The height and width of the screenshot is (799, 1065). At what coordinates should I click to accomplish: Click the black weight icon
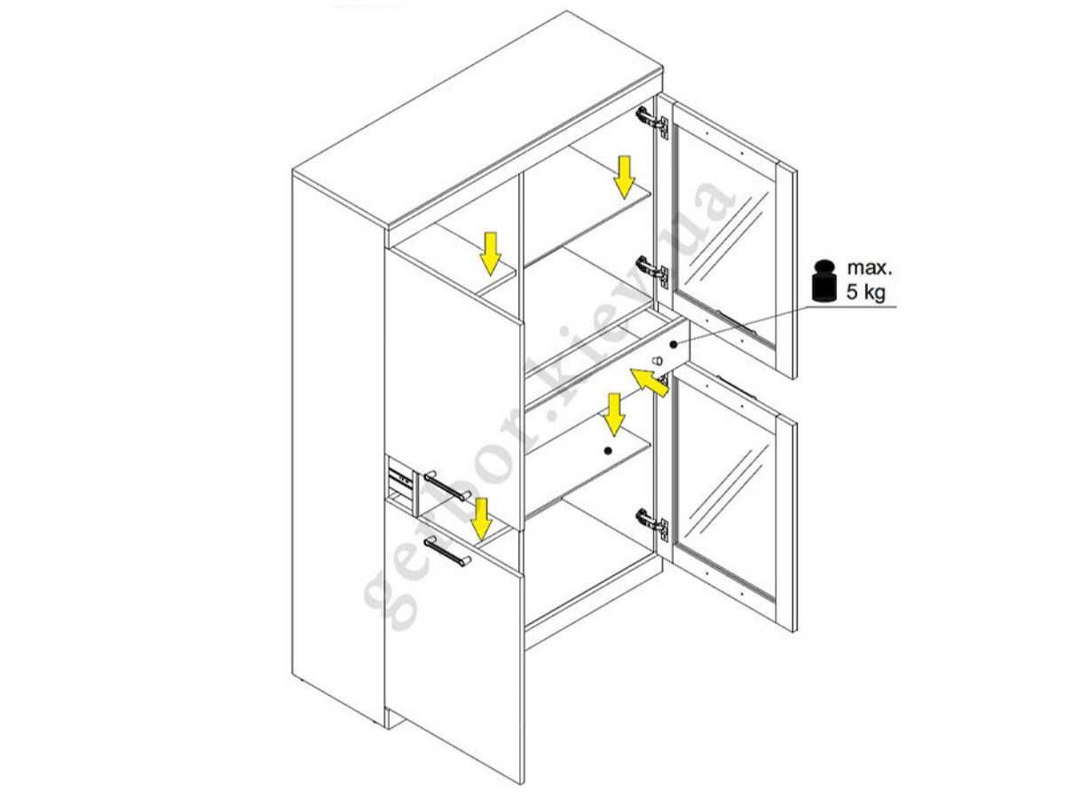pos(824,281)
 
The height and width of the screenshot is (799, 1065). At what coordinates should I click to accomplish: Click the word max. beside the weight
pos(870,268)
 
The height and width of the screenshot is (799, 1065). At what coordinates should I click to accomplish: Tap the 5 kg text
pos(866,292)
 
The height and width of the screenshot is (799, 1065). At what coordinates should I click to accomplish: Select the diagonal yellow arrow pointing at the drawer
pos(650,383)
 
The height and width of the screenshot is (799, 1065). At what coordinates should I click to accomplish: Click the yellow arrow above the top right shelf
pos(624,178)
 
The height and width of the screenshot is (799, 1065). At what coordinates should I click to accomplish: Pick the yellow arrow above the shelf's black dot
pos(614,415)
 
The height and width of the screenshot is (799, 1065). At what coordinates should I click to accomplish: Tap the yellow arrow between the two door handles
pos(481,518)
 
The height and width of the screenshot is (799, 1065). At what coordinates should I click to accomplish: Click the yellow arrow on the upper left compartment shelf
pos(491,254)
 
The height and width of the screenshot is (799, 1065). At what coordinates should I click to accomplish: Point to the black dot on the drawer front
pos(674,344)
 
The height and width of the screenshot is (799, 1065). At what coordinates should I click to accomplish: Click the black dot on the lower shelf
pos(608,451)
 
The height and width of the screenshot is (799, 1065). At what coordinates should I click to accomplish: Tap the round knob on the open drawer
pos(657,360)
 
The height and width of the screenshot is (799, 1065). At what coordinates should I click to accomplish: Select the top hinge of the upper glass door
pos(652,123)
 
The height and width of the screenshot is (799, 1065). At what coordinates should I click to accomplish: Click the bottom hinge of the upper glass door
pos(652,272)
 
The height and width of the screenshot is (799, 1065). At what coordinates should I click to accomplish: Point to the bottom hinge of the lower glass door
pos(652,524)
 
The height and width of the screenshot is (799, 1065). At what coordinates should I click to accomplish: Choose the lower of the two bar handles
pos(447,551)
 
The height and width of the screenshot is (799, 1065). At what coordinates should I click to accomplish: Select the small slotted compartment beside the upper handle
pos(401,487)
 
